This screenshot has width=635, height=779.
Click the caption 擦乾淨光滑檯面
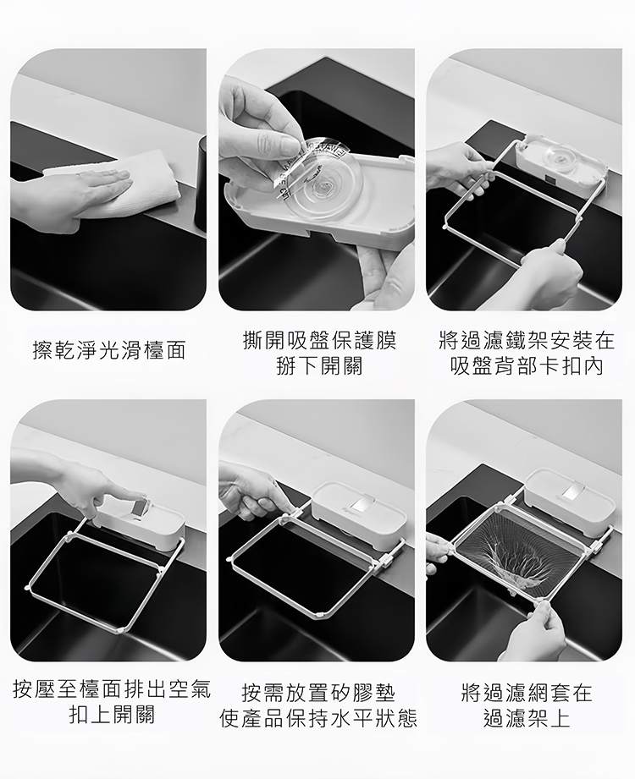coord(108,350)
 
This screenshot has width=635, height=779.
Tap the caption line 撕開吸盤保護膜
coord(319,341)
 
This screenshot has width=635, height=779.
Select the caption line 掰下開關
coord(319,366)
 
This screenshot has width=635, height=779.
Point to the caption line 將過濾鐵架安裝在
coord(527,341)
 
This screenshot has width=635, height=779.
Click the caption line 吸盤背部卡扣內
coord(527,366)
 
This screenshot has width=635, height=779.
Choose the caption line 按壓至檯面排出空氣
coord(112,689)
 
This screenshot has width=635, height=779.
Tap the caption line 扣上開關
coord(112,715)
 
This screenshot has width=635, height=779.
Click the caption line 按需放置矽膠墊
coord(318,693)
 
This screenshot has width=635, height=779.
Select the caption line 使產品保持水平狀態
coord(318,718)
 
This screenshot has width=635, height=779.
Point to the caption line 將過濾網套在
coord(527,693)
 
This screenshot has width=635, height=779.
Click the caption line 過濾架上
coord(527,718)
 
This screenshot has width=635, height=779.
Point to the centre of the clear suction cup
coord(321,189)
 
